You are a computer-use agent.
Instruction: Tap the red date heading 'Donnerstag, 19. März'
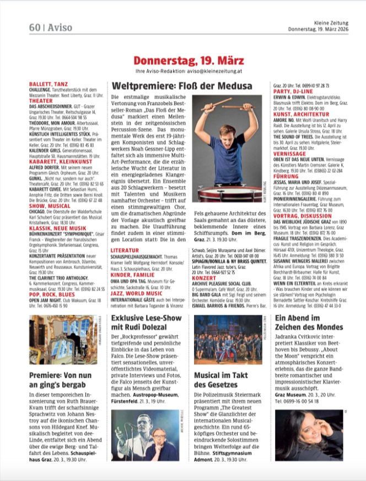(x=182, y=60)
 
